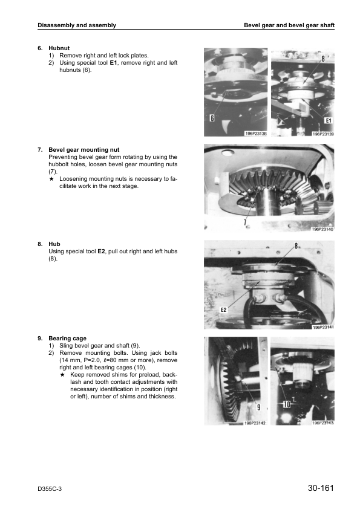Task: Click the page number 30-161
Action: click(321, 488)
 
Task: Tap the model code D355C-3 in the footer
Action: click(50, 489)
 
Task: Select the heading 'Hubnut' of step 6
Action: click(59, 48)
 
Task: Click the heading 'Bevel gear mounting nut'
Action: click(84, 150)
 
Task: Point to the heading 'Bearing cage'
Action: click(68, 339)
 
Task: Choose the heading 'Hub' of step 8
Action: click(54, 244)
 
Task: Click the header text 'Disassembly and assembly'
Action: click(77, 25)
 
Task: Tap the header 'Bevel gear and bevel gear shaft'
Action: click(289, 25)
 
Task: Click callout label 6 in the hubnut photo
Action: click(212, 118)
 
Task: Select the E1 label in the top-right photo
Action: click(329, 120)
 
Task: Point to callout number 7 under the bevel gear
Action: click(245, 222)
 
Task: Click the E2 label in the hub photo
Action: click(223, 310)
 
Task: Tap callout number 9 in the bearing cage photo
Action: click(258, 407)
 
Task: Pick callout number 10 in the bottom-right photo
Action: click(287, 404)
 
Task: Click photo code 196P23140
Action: click(322, 229)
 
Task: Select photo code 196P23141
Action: click(323, 327)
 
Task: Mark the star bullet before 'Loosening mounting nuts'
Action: click(51, 179)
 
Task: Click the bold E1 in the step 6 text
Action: click(113, 63)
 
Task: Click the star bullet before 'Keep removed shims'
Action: click(62, 375)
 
